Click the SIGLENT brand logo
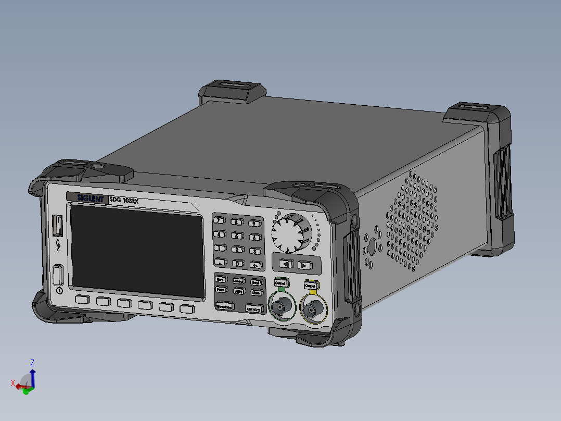[x=87, y=197]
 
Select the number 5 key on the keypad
[x=237, y=236]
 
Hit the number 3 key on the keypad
[x=254, y=251]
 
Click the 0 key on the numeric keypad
[x=237, y=264]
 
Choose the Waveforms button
[x=224, y=307]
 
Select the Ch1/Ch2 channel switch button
[x=254, y=309]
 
